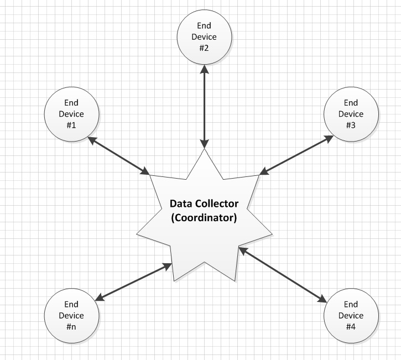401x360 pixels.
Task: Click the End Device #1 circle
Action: pyautogui.click(x=71, y=114)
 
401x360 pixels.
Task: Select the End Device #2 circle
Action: pyautogui.click(x=204, y=37)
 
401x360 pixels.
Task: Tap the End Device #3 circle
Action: pyautogui.click(x=351, y=114)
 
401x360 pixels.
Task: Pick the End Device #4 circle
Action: pyautogui.click(x=351, y=316)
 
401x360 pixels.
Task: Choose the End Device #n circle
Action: pyautogui.click(x=71, y=316)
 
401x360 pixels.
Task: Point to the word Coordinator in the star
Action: pyautogui.click(x=204, y=217)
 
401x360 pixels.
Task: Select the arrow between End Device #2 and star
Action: pyautogui.click(x=205, y=105)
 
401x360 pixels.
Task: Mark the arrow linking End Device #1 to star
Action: pyautogui.click(x=119, y=156)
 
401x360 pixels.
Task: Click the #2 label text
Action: pyautogui.click(x=204, y=48)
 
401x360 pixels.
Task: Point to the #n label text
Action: pyautogui.click(x=71, y=327)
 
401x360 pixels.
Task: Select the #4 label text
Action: pyautogui.click(x=351, y=327)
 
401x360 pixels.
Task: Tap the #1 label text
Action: pyautogui.click(x=71, y=125)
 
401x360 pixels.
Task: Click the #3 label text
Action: pyautogui.click(x=351, y=125)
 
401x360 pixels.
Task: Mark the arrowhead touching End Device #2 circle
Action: pyautogui.click(x=205, y=69)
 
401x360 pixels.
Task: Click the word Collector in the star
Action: pyautogui.click(x=217, y=204)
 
